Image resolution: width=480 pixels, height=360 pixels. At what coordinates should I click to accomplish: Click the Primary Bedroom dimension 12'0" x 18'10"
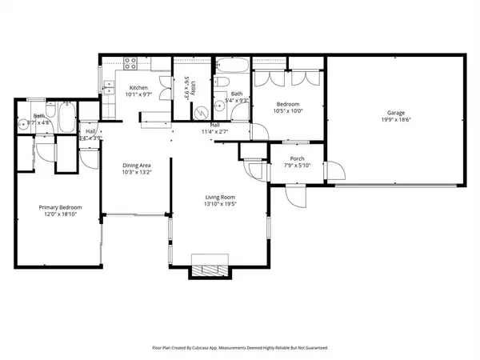[56, 215]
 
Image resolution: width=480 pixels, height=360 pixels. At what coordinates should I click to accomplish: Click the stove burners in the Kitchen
[131, 65]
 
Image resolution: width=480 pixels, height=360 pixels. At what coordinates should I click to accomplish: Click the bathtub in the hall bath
[233, 66]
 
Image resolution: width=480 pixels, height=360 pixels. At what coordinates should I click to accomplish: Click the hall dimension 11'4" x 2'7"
[216, 132]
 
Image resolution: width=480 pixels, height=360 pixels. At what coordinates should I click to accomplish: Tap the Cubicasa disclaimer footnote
[240, 348]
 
